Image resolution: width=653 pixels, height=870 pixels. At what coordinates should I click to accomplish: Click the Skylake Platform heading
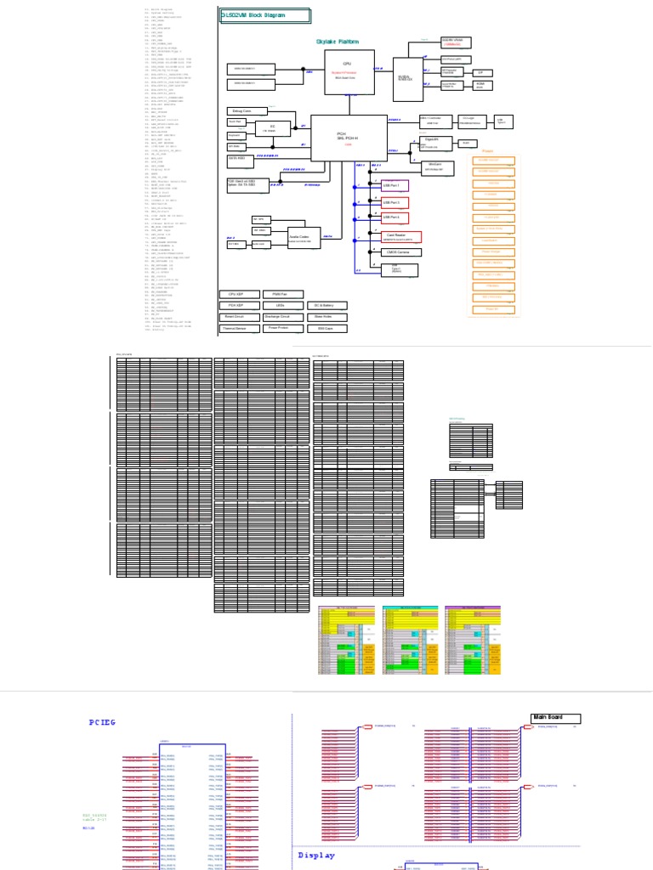(x=338, y=42)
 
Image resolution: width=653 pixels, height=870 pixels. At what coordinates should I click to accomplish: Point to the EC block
(x=273, y=127)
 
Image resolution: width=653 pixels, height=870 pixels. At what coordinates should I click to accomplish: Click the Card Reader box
(x=390, y=237)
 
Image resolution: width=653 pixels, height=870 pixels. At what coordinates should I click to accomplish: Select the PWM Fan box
(x=280, y=294)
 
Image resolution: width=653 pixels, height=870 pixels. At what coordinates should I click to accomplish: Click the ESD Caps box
(x=325, y=327)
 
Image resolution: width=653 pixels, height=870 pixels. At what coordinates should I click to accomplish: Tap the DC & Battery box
(x=325, y=305)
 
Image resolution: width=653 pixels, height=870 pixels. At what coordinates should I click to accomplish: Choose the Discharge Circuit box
(x=280, y=316)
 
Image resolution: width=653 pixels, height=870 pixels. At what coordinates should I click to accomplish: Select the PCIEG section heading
(x=102, y=722)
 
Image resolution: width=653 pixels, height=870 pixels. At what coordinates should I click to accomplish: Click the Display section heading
(x=317, y=856)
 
